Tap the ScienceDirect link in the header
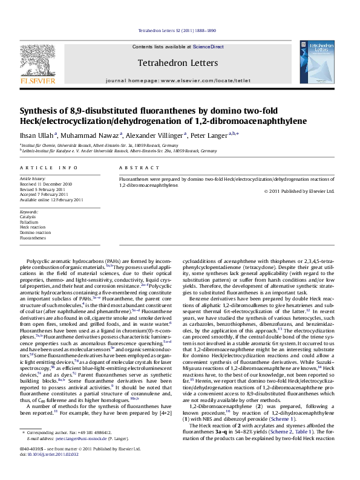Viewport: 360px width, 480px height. (210, 47)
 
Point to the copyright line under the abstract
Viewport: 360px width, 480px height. (299, 191)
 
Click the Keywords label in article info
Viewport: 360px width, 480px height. (29, 212)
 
